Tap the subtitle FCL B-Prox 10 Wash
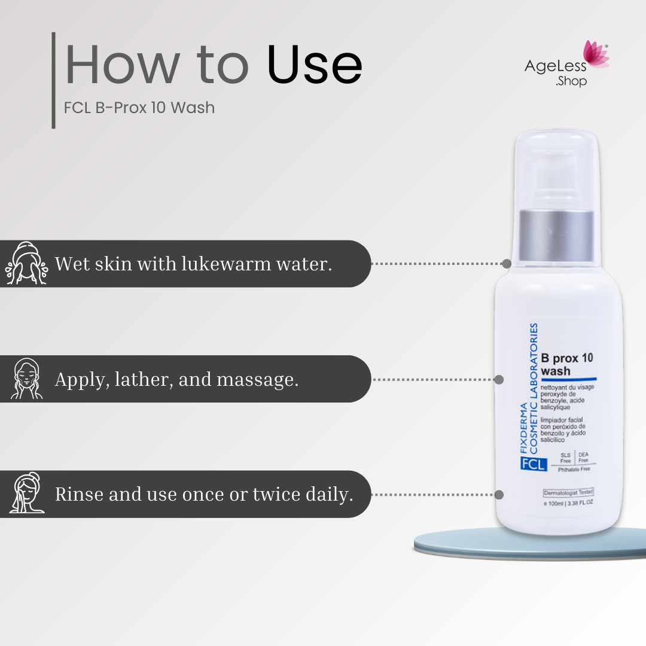[x=139, y=108]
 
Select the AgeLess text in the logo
[x=555, y=66]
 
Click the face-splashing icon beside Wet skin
[x=26, y=263]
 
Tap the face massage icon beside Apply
[x=26, y=379]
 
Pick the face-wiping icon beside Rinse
[x=27, y=493]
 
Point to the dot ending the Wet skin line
[x=507, y=264]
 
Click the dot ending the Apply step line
[x=499, y=379]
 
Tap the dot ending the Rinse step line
[x=499, y=495]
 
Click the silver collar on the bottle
[x=556, y=236]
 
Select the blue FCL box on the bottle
[x=534, y=464]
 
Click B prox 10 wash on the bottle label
[x=567, y=364]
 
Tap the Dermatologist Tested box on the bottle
[x=569, y=492]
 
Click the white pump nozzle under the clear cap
[x=556, y=177]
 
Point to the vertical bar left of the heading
[x=54, y=80]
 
